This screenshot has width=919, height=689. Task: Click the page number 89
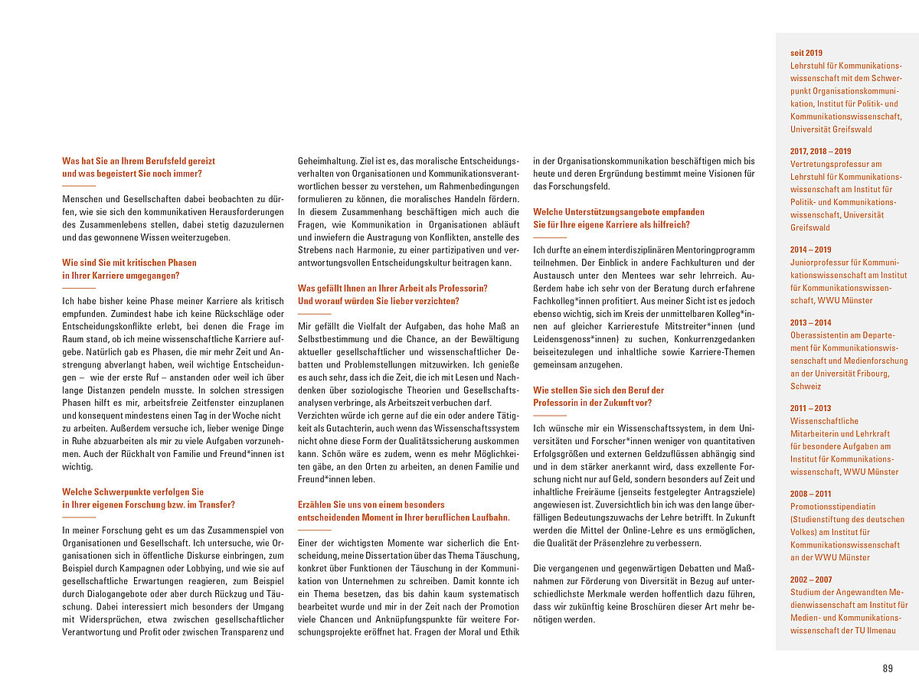pyautogui.click(x=888, y=668)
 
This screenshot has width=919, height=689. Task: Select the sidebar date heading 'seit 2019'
pyautogui.click(x=806, y=53)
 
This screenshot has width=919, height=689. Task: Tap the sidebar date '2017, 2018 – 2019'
pyautogui.click(x=820, y=151)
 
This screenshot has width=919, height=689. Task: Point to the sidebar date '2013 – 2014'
pyautogui.click(x=810, y=322)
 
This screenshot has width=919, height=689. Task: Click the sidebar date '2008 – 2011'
pyautogui.click(x=810, y=494)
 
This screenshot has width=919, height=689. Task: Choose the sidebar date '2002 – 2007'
pyautogui.click(x=811, y=580)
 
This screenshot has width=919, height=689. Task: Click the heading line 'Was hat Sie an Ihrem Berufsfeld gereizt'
pyautogui.click(x=139, y=161)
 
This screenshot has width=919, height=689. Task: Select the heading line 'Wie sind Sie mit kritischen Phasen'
pyautogui.click(x=129, y=262)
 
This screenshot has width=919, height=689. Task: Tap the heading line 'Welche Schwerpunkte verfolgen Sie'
pyautogui.click(x=133, y=491)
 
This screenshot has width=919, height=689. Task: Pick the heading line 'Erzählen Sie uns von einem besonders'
pyautogui.click(x=371, y=505)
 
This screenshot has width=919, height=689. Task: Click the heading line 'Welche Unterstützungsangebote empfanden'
pyautogui.click(x=619, y=211)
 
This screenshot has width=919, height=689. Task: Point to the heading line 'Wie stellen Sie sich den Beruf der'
pyautogui.click(x=599, y=390)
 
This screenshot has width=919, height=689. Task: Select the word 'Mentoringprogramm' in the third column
pyautogui.click(x=710, y=250)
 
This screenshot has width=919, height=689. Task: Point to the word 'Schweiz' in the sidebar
pyautogui.click(x=805, y=387)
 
